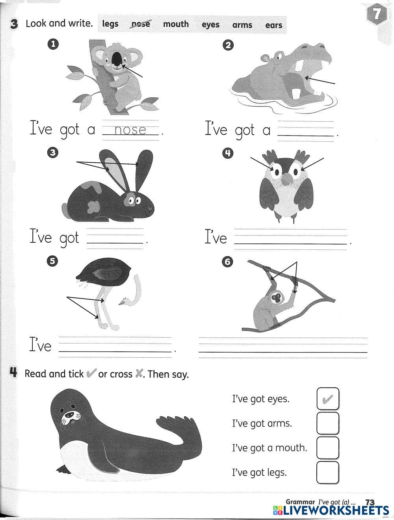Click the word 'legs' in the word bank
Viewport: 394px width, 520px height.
click(110, 24)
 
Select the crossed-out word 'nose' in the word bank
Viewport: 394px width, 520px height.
click(141, 24)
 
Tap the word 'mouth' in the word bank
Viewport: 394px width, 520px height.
click(176, 24)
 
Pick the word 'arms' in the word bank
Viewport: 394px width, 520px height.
click(242, 25)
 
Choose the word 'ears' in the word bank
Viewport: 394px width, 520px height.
click(274, 25)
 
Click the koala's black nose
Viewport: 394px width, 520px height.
click(117, 59)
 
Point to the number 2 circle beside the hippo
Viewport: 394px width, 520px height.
click(228, 45)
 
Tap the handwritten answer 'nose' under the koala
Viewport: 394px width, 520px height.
click(130, 130)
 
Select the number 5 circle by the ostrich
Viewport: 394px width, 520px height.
click(52, 261)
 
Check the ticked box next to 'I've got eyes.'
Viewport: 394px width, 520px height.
click(328, 399)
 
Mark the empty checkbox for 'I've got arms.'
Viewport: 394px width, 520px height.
click(328, 423)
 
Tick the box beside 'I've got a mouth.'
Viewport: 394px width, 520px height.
click(328, 448)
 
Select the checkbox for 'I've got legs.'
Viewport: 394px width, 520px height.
click(328, 472)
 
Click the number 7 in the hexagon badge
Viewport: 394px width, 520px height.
click(377, 14)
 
